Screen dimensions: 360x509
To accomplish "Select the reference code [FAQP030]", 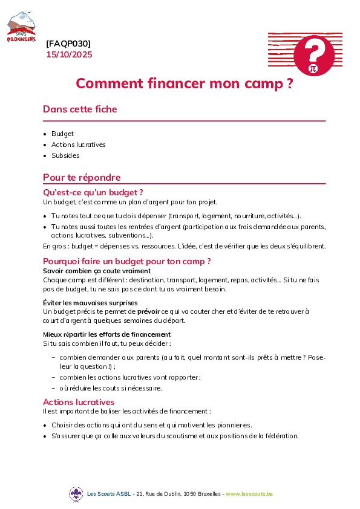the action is (68, 44).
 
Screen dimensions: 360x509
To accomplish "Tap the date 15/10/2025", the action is (70, 54).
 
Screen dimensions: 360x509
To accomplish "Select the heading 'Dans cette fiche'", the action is (80, 109).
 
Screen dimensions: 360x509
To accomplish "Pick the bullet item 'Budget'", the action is (62, 134).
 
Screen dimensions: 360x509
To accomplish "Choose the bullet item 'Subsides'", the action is (65, 155).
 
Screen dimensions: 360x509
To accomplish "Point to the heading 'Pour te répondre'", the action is (82, 178).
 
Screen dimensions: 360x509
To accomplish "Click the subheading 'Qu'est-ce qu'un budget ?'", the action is (88, 193).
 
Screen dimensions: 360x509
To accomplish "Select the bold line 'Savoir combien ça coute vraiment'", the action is (97, 271).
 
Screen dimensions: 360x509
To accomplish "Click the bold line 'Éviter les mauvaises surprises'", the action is (90, 302).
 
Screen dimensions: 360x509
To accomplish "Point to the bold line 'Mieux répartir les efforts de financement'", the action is (106, 334).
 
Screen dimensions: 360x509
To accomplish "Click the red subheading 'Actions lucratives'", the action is (79, 402).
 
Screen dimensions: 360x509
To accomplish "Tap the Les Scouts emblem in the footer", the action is (76, 494).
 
